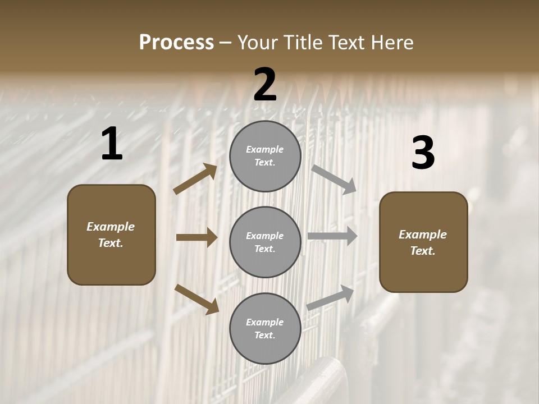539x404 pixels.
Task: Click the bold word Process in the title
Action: pyautogui.click(x=176, y=42)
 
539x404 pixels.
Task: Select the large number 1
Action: pyautogui.click(x=112, y=144)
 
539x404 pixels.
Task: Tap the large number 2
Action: pyautogui.click(x=265, y=85)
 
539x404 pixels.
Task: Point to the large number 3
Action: pyautogui.click(x=423, y=153)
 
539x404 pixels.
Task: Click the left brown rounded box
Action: pyautogui.click(x=111, y=235)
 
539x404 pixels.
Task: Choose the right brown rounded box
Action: pyautogui.click(x=423, y=242)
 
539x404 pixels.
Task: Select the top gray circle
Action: pyautogui.click(x=265, y=156)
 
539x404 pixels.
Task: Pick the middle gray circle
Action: pyautogui.click(x=265, y=242)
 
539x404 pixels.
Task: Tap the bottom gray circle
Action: pyautogui.click(x=265, y=329)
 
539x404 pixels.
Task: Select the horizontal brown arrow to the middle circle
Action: pyautogui.click(x=197, y=237)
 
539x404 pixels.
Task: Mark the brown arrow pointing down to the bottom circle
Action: pyautogui.click(x=197, y=299)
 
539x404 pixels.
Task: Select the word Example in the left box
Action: pyautogui.click(x=111, y=227)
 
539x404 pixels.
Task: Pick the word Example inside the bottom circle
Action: pyautogui.click(x=264, y=322)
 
